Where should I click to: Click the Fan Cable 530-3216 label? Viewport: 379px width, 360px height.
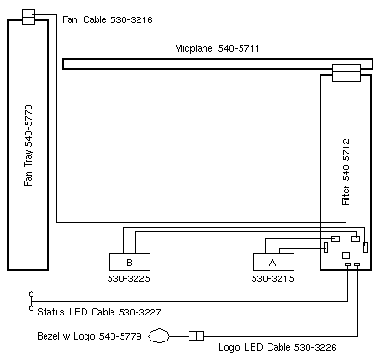[108, 19]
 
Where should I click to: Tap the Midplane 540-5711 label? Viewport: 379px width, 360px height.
[217, 48]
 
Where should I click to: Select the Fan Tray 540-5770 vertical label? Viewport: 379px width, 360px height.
[28, 145]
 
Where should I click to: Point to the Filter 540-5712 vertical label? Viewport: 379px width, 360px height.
[346, 172]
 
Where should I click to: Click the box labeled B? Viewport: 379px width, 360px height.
[129, 263]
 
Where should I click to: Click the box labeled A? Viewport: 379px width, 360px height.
[273, 263]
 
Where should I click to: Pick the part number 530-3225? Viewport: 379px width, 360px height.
[129, 278]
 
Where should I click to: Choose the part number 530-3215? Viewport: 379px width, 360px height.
[273, 278]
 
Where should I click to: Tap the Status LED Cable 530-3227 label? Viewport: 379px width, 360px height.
[99, 312]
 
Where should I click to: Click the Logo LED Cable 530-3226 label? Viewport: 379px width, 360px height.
[278, 347]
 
